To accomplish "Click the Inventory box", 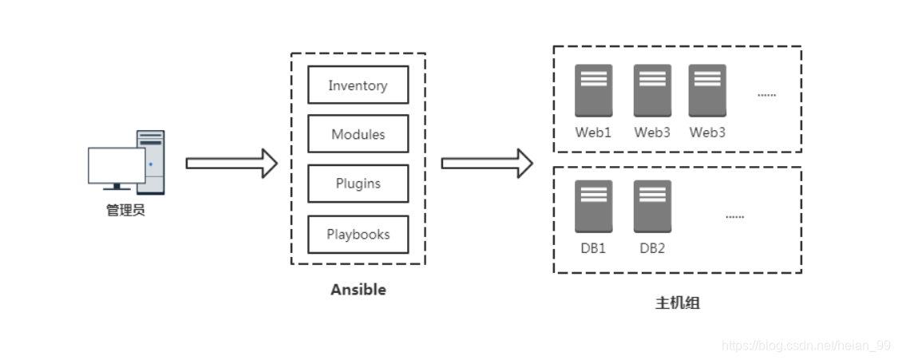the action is pyautogui.click(x=358, y=85).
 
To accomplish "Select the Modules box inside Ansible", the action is pyautogui.click(x=358, y=134).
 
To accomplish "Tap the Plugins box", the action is pyautogui.click(x=358, y=184).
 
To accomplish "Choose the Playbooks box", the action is pyautogui.click(x=358, y=234).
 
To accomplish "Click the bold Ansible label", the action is pyautogui.click(x=358, y=290).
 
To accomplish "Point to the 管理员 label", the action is pyautogui.click(x=125, y=210).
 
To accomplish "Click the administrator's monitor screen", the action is pyautogui.click(x=117, y=165).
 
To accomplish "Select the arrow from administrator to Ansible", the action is pyautogui.click(x=231, y=164).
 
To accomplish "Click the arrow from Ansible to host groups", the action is pyautogui.click(x=487, y=164).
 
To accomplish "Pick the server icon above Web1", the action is pyautogui.click(x=593, y=90).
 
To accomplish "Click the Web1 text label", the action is pyautogui.click(x=593, y=133).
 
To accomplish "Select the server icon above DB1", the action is pyautogui.click(x=593, y=207).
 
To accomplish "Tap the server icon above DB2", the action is pyautogui.click(x=652, y=207).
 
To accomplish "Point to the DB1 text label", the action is pyautogui.click(x=593, y=248).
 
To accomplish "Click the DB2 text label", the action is pyautogui.click(x=652, y=248).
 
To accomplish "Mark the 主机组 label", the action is pyautogui.click(x=678, y=303).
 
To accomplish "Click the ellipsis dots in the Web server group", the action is pyautogui.click(x=766, y=95).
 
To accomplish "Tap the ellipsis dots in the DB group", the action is pyautogui.click(x=735, y=217).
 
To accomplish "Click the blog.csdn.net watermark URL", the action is pyautogui.click(x=806, y=346).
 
